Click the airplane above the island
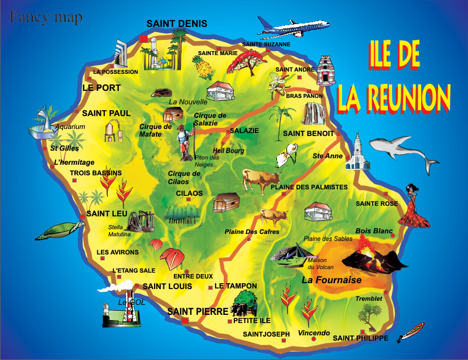pyautogui.click(x=293, y=27)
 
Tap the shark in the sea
pyautogui.click(x=404, y=150)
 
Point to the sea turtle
pyautogui.click(x=56, y=229)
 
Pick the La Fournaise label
pyautogui.click(x=332, y=280)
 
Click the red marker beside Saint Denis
pyautogui.click(x=144, y=39)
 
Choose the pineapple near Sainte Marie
pyautogui.click(x=204, y=69)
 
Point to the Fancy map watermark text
pyautogui.click(x=46, y=18)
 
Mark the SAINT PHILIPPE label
pyautogui.click(x=360, y=338)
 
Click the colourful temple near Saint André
pyautogui.click(x=325, y=71)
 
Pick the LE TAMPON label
pyautogui.click(x=235, y=286)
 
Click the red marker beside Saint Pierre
pyautogui.click(x=185, y=321)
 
